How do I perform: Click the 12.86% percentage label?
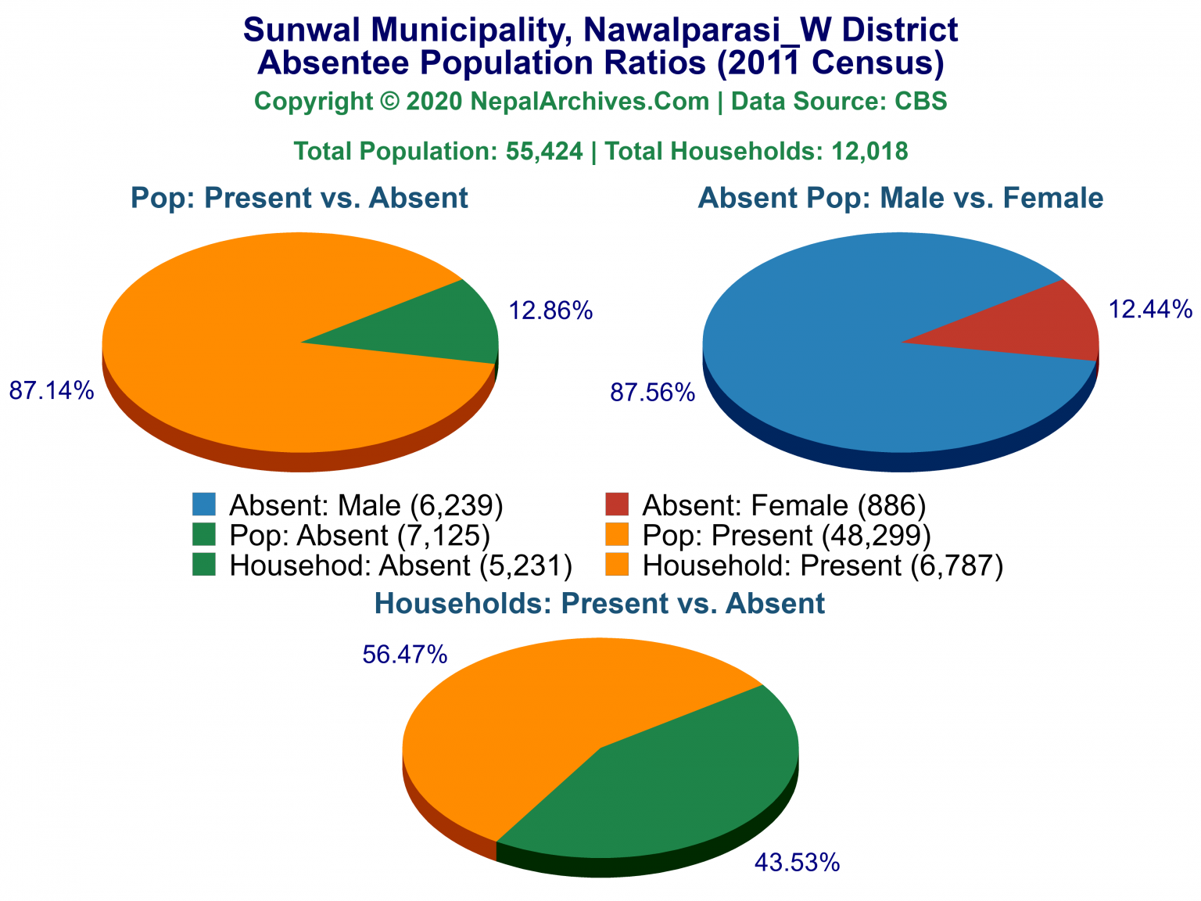coord(550,311)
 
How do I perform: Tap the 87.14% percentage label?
coord(52,390)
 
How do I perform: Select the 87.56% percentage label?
coord(653,393)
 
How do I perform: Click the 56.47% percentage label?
coord(405,655)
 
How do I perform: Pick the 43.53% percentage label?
coord(797,863)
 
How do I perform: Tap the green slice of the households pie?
coord(680,782)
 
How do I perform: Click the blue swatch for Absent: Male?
coord(204,504)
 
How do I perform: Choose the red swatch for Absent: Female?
coord(617,504)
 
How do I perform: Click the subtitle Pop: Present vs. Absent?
coord(299,198)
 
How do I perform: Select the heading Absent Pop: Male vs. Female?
coord(900,198)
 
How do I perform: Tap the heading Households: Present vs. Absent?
coord(600,603)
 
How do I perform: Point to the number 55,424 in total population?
coord(544,151)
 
